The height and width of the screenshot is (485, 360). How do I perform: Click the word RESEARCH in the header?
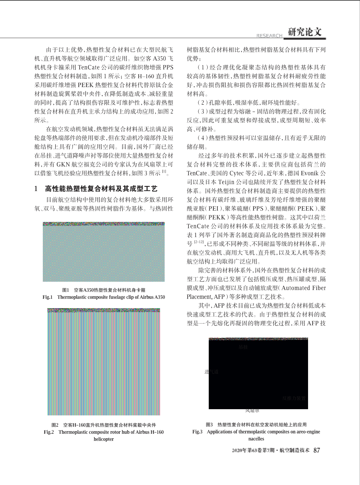tap(269, 36)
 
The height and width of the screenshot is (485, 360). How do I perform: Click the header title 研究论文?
tap(305, 32)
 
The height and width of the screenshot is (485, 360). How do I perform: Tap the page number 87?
tap(317, 450)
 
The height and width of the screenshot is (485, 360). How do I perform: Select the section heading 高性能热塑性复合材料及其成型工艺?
tap(101, 189)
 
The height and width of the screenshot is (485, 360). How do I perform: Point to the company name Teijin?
tap(233, 182)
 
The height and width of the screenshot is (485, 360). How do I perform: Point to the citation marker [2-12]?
tap(199, 242)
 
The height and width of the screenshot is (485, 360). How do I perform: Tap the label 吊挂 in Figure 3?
tap(243, 347)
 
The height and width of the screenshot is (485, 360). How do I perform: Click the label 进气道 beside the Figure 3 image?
tap(211, 372)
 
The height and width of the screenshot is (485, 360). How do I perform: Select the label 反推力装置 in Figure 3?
tap(294, 398)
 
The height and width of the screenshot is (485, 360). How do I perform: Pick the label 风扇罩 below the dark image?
tap(252, 410)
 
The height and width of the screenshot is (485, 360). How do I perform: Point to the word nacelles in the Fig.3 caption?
tap(256, 439)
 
